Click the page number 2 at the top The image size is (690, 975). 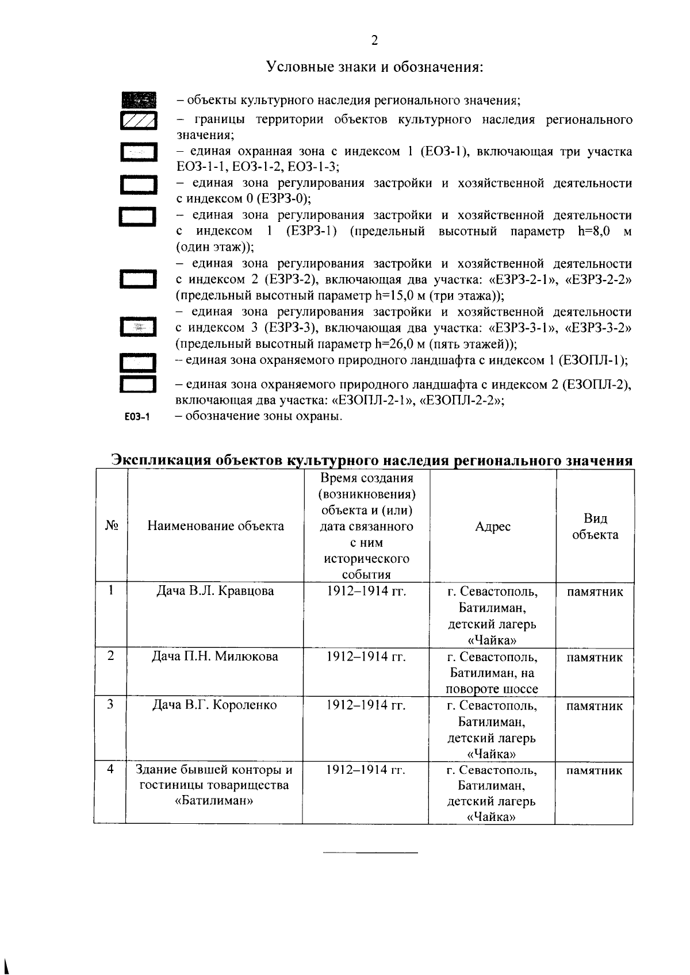374,40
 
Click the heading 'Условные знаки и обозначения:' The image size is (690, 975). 374,67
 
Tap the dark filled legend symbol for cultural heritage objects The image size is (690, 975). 138,100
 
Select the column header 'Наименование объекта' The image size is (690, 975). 216,525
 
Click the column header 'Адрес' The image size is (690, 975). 493,527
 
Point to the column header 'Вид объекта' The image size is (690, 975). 596,527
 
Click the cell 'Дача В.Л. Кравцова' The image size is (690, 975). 216,591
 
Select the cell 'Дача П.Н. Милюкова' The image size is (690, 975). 214,656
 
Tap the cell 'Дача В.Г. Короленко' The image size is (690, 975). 214,705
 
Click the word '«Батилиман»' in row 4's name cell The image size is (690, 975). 214,801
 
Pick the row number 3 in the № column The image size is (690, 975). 110,704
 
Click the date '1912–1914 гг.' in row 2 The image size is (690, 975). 366,656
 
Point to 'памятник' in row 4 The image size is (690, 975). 595,770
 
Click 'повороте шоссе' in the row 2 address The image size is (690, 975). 492,689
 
